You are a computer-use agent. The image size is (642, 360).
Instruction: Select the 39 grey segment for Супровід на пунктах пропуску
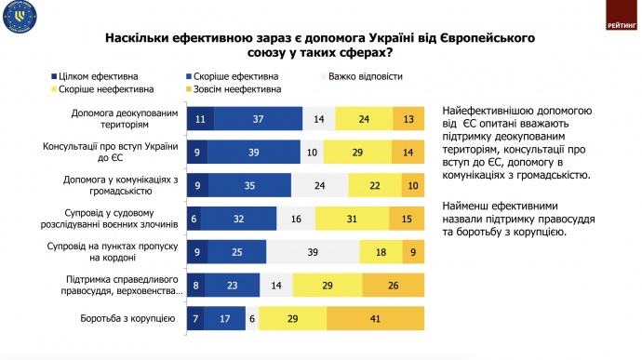coord(314,251)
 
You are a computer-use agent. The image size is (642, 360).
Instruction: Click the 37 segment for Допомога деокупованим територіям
coord(258,118)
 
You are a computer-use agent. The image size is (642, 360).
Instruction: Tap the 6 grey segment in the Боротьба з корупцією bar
coord(252,319)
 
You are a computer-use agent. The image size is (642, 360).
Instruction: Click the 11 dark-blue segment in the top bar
coord(200,118)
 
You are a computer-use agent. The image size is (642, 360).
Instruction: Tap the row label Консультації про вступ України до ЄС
coord(109,152)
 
